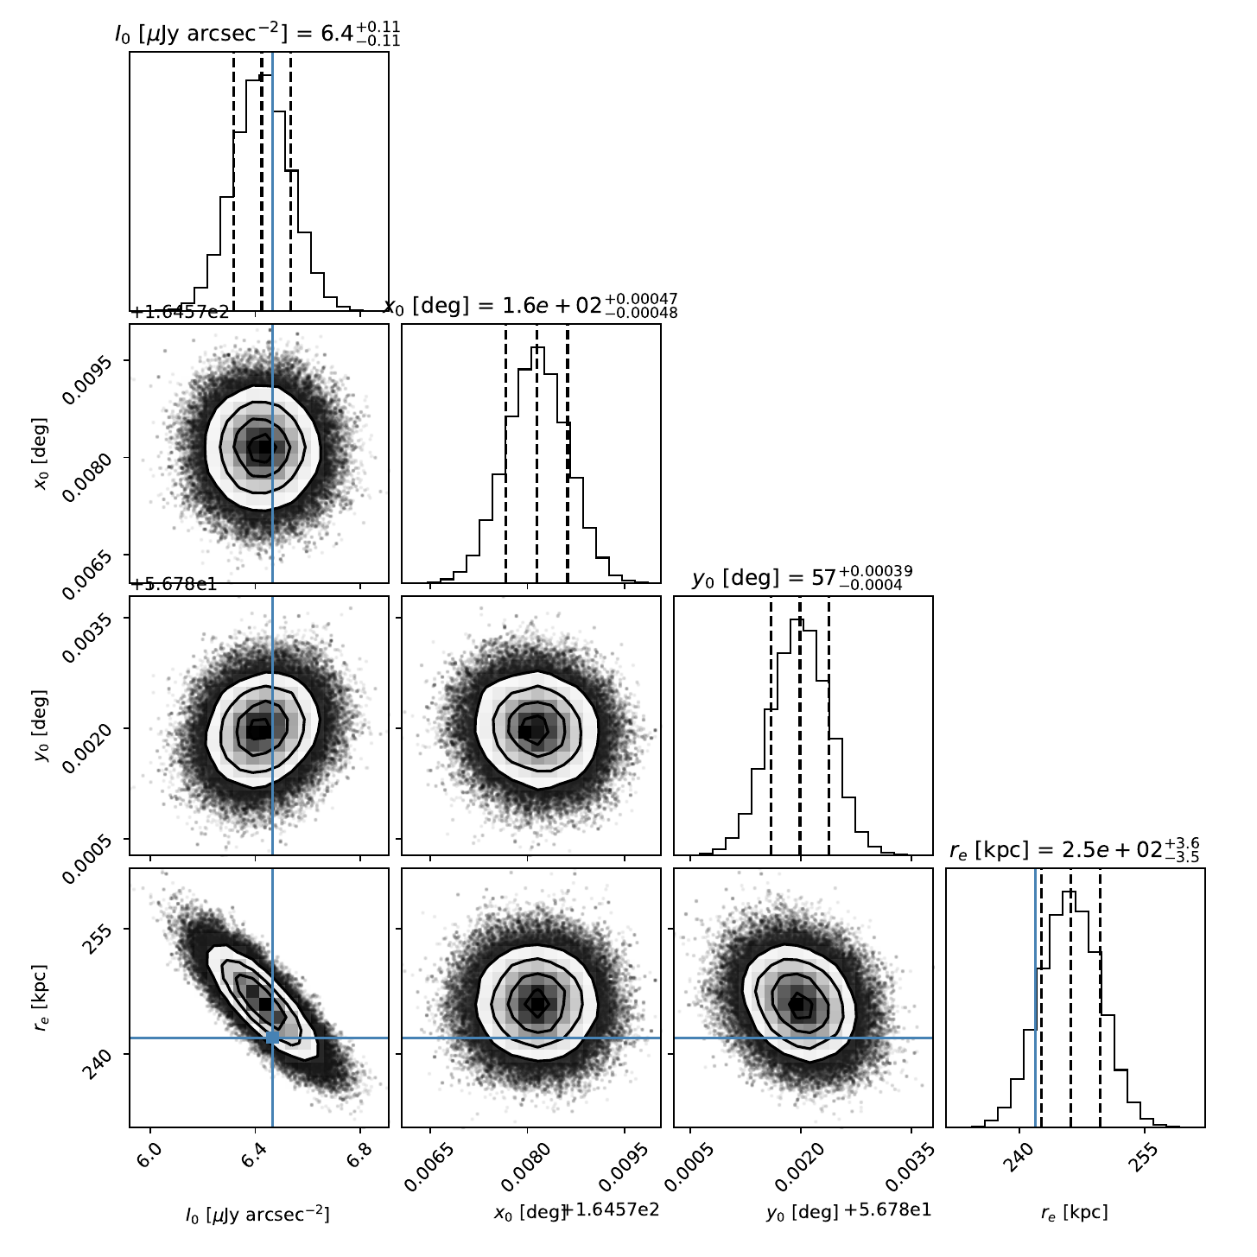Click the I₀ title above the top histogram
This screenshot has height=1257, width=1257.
(x=257, y=34)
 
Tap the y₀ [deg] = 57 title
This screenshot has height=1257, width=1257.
(x=802, y=577)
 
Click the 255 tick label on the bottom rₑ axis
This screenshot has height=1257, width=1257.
(x=1140, y=1157)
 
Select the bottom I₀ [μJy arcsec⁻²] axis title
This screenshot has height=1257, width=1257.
(x=257, y=1213)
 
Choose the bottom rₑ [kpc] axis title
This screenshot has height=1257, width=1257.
(x=1074, y=1213)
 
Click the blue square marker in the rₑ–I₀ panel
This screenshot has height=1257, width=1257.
(x=272, y=1038)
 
